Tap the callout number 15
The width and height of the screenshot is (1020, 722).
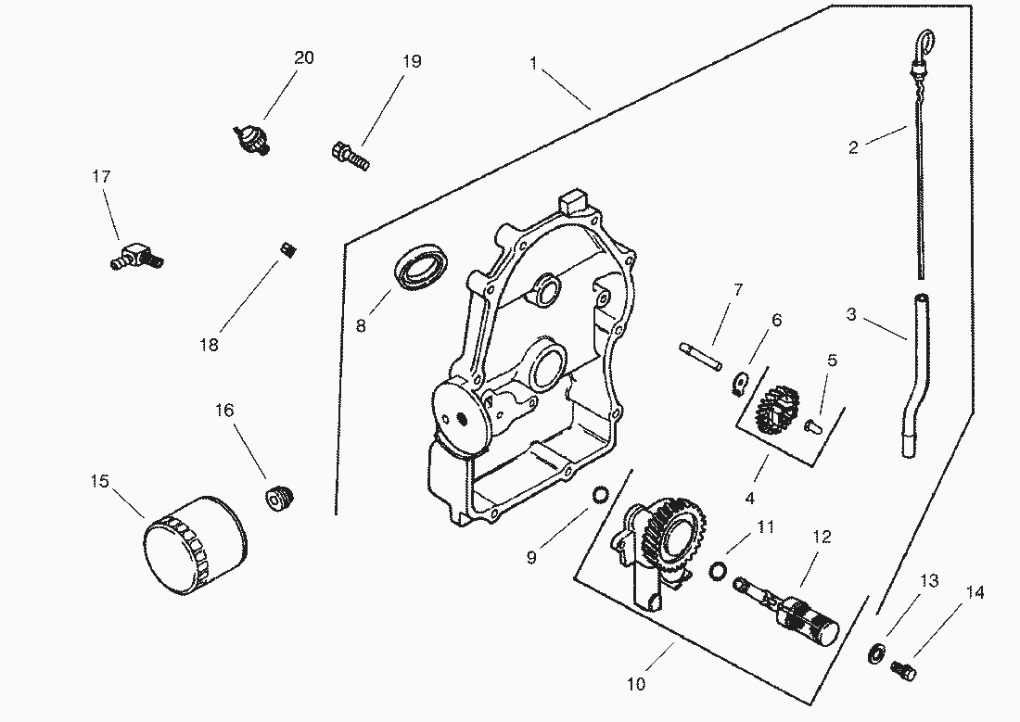100,481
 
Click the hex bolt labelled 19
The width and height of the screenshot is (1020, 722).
350,155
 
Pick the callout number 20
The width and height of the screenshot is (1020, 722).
303,57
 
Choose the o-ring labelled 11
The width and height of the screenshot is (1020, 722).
718,571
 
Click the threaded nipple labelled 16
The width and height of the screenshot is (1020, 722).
277,498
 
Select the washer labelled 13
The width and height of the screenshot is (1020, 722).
875,652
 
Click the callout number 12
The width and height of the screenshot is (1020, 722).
822,537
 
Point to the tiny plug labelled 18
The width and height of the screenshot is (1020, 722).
287,249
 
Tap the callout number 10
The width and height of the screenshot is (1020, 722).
636,685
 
